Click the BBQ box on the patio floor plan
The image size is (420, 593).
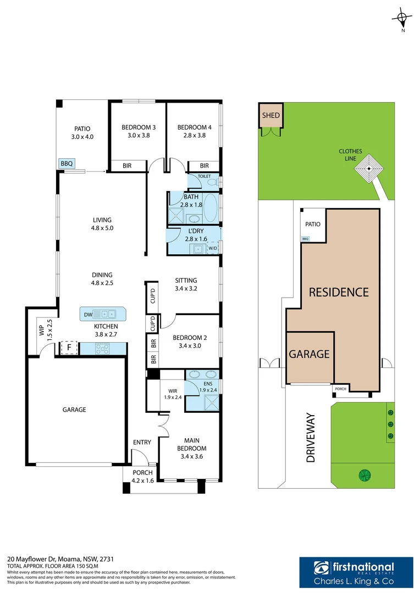(67, 164)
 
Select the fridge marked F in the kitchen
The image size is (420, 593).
(69, 348)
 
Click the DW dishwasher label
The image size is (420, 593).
(88, 315)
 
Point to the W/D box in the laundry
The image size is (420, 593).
(213, 248)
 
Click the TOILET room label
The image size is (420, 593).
(204, 176)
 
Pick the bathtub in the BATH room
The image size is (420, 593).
(211, 208)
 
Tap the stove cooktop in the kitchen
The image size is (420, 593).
(102, 348)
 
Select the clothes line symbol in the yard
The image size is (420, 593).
(369, 169)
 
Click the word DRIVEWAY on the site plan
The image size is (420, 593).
(311, 438)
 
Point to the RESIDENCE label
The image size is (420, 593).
(339, 292)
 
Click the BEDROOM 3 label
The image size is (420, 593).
(139, 127)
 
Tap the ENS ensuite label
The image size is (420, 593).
(208, 383)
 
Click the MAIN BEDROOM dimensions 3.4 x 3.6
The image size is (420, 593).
(192, 456)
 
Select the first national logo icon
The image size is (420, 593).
(322, 568)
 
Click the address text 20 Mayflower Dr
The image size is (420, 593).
(32, 559)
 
